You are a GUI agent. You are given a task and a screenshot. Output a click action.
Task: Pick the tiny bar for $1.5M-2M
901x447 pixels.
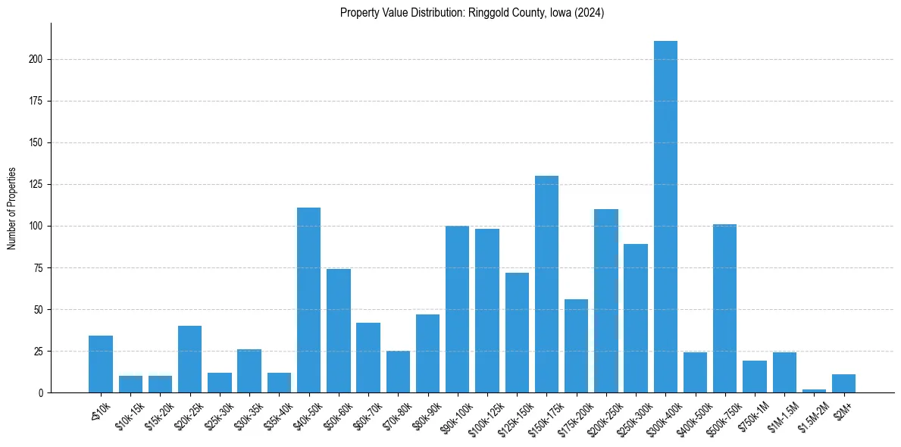[x=814, y=391]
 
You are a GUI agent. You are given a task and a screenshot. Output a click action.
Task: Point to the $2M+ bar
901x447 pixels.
[x=843, y=383]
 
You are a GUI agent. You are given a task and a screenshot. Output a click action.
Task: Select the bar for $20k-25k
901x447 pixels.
[x=189, y=359]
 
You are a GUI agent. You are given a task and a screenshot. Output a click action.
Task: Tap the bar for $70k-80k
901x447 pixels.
[x=398, y=372]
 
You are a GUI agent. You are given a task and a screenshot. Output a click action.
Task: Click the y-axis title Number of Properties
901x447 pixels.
[x=11, y=208]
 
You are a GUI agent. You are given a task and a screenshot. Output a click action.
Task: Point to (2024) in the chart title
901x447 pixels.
[x=589, y=13]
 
